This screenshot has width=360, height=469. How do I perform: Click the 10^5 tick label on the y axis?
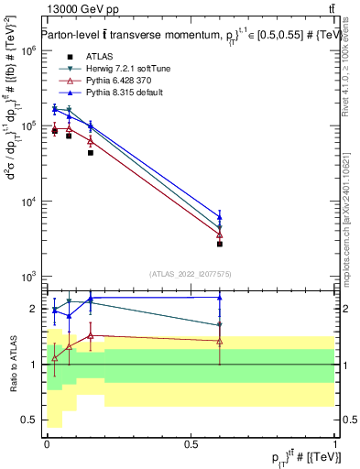tap(27, 126)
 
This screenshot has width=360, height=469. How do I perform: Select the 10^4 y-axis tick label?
tap(27, 202)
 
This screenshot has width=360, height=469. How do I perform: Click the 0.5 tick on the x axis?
tap(191, 444)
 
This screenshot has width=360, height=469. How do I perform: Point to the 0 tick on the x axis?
tap(47, 444)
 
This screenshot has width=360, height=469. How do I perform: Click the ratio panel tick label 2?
tap(33, 309)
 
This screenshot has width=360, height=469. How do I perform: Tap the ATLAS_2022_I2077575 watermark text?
tap(190, 273)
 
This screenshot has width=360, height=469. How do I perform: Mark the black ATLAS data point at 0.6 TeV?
tap(220, 244)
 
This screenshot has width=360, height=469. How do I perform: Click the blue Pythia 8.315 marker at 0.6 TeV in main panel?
tap(220, 217)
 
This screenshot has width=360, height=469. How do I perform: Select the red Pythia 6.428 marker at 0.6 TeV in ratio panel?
tap(220, 341)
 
